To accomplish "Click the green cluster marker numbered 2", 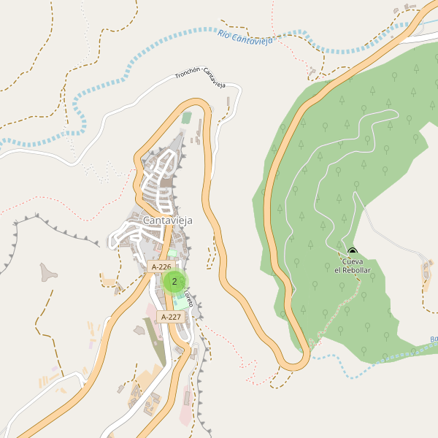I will (x=174, y=281).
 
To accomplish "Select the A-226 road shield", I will (x=161, y=267).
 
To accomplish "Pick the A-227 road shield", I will (x=169, y=317).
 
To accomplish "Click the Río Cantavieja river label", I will (x=245, y=37).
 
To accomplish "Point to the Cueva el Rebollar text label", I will (x=353, y=266).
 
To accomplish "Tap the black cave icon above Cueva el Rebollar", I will (x=353, y=252).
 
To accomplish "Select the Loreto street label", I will (x=188, y=298).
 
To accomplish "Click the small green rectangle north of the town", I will (x=186, y=117).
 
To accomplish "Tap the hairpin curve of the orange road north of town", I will (x=196, y=104).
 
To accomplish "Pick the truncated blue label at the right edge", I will (x=434, y=339).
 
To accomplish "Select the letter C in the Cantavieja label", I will (x=147, y=220).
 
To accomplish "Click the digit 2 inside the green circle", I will (x=174, y=281).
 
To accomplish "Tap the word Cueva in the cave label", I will (x=353, y=261).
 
